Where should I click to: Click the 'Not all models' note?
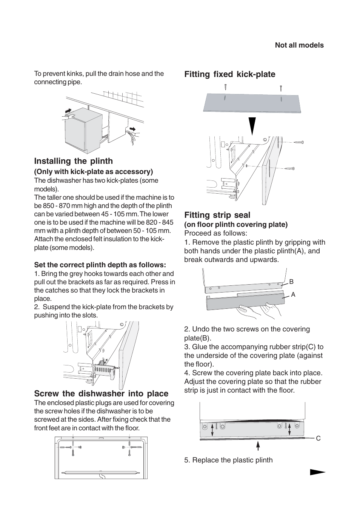tap(299, 45)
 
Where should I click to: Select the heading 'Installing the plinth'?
tap(73, 161)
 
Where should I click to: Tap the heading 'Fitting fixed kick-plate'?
tap(229, 74)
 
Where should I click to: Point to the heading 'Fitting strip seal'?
tap(217, 215)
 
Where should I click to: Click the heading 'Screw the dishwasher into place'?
tap(101, 394)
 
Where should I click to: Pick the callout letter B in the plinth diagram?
tap(291, 282)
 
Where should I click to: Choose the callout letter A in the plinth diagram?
tap(293, 294)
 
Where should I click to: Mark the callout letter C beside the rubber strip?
tap(318, 438)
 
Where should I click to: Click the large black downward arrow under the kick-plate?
tap(252, 126)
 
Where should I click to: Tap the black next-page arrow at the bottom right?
tap(317, 472)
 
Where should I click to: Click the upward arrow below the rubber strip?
tap(258, 446)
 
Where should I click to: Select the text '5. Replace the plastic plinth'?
tap(228, 460)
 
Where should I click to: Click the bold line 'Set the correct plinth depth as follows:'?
tap(100, 265)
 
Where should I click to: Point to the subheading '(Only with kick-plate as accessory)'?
tap(94, 172)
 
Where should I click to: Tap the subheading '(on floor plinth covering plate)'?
tap(236, 225)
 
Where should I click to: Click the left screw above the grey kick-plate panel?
tap(225, 87)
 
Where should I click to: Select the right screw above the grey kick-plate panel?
tap(280, 89)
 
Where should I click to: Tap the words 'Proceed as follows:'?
tap(215, 233)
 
